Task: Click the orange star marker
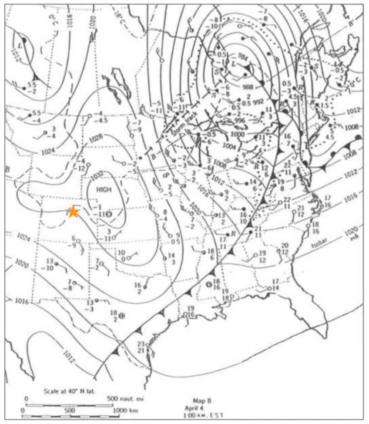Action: [x=73, y=212]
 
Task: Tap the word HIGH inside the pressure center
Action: [x=104, y=190]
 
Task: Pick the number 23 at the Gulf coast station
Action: [x=141, y=343]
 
